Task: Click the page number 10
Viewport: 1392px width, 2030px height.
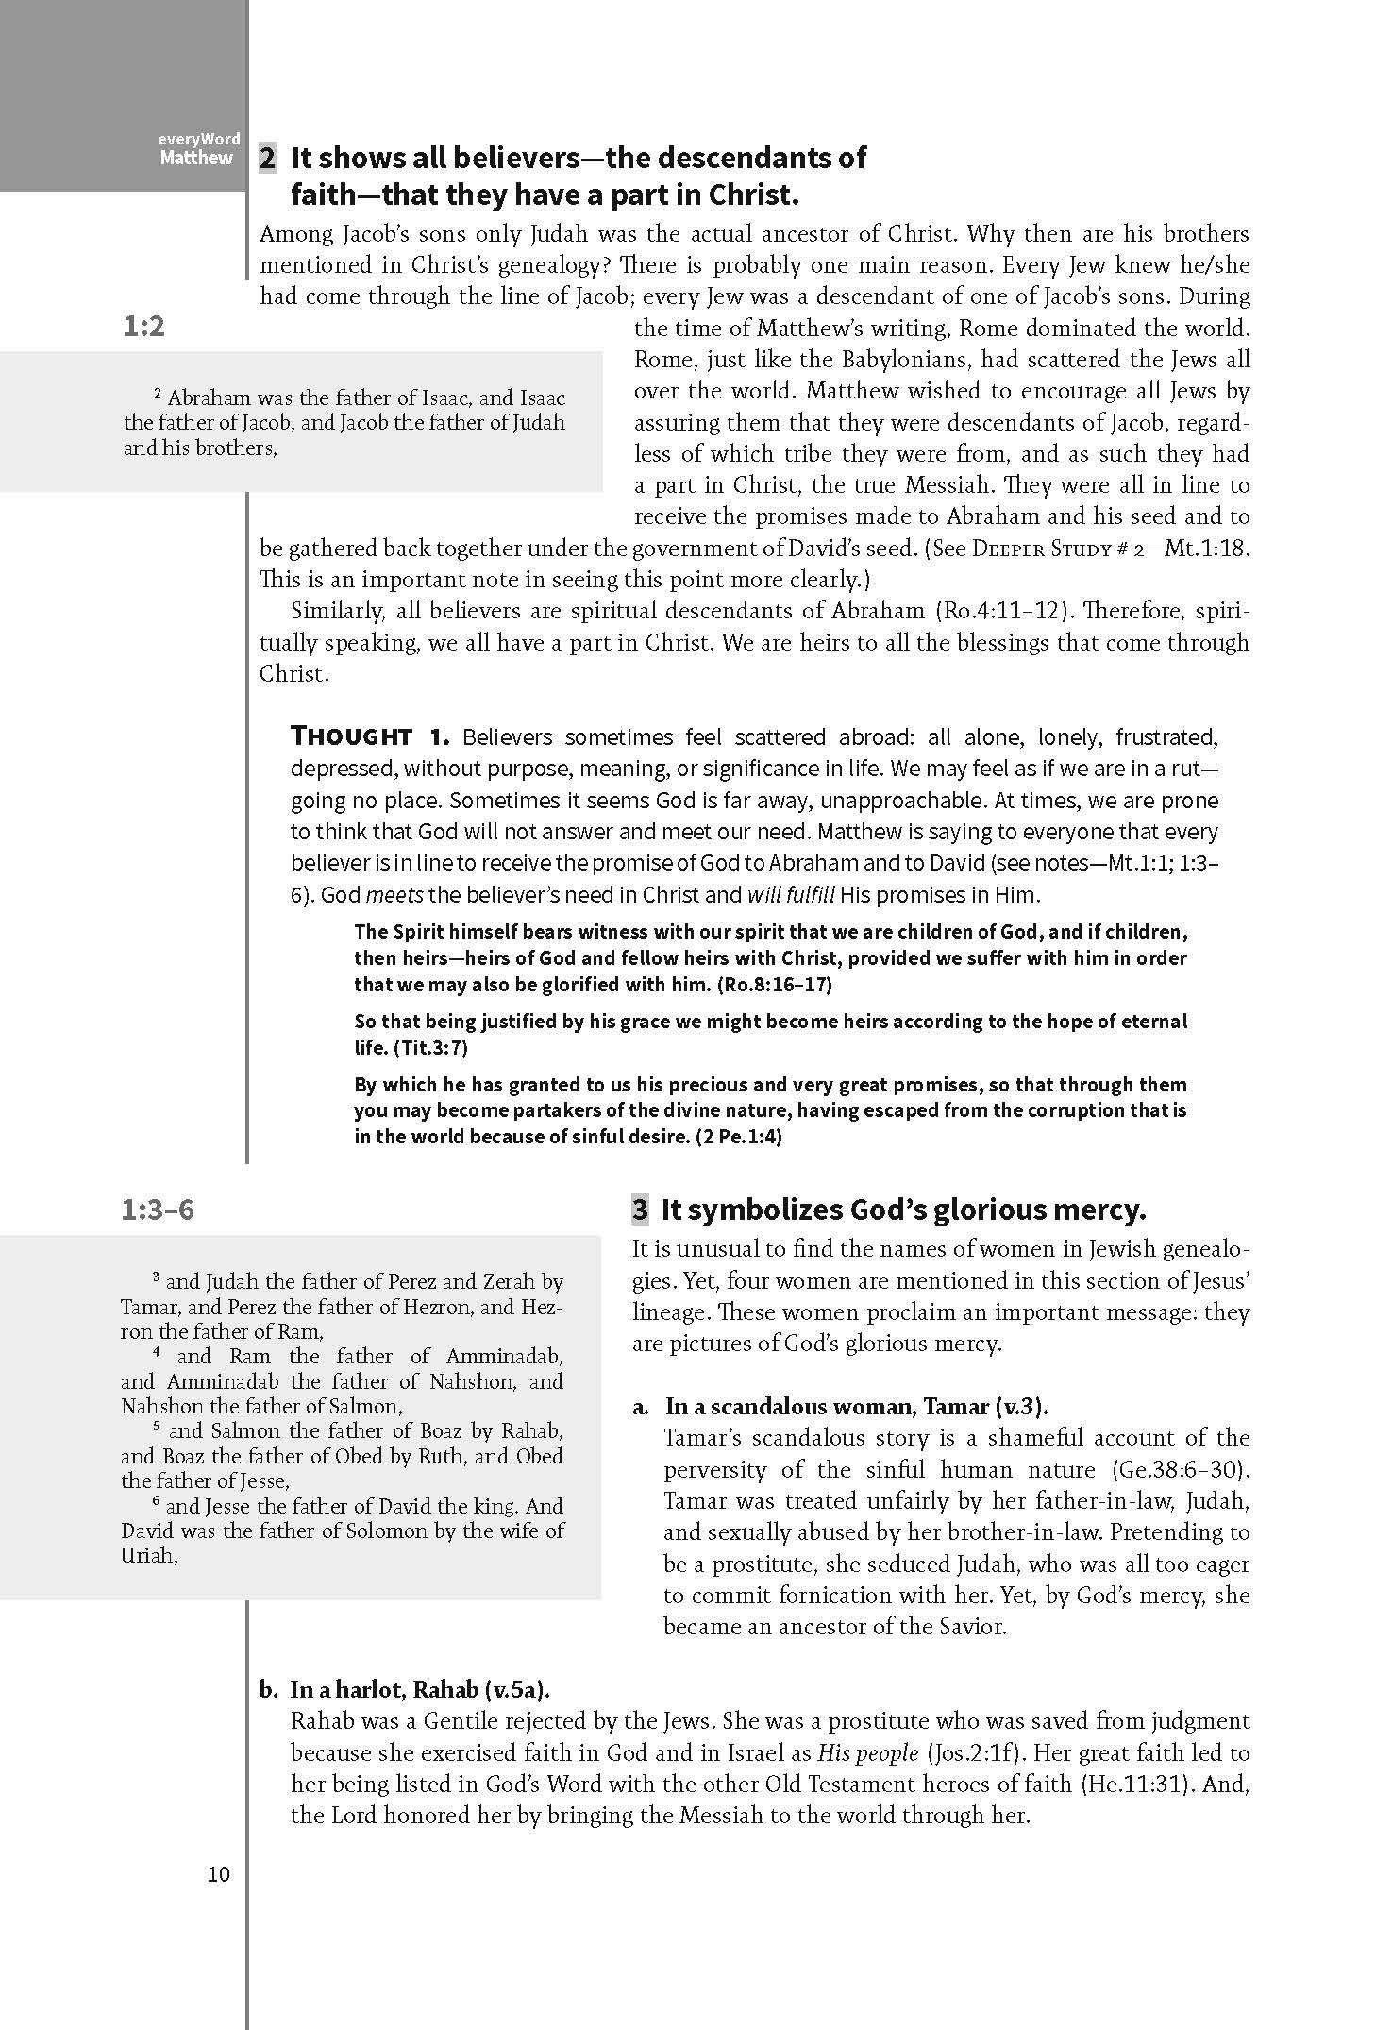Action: click(218, 1874)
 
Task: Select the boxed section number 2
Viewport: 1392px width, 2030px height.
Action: click(268, 158)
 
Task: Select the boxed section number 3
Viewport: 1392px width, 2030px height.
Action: click(641, 1210)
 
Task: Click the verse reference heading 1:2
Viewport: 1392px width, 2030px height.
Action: click(143, 327)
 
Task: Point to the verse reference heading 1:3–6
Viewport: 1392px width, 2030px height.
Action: click(158, 1210)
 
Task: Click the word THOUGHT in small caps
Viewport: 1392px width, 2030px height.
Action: click(351, 736)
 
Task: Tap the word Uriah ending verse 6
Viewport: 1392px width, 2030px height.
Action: click(148, 1556)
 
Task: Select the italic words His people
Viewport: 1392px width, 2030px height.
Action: click(867, 1752)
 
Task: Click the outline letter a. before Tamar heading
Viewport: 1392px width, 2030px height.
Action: click(642, 1407)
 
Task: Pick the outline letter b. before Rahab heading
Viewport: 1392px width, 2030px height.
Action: click(268, 1690)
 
